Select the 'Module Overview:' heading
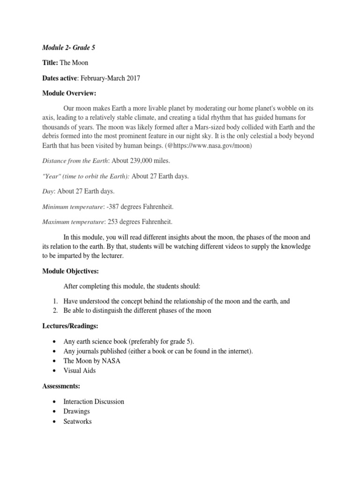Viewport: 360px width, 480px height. tap(69, 94)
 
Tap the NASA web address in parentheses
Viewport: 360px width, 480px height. tap(207, 146)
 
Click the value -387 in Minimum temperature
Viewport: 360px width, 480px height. tap(114, 207)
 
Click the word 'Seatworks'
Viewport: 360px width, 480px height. tap(78, 421)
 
